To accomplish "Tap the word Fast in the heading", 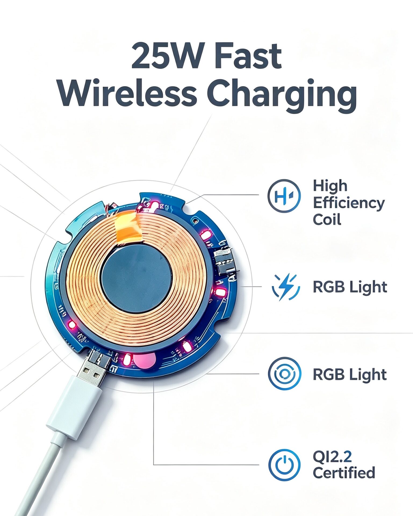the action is [x=248, y=56].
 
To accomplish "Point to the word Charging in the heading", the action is [x=282, y=95].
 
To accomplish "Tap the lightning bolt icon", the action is [x=285, y=287].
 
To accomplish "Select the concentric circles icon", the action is [x=284, y=374].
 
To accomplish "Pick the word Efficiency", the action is [x=349, y=203].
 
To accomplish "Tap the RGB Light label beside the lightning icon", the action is [x=350, y=287].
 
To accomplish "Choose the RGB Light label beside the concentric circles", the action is [x=350, y=374].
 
